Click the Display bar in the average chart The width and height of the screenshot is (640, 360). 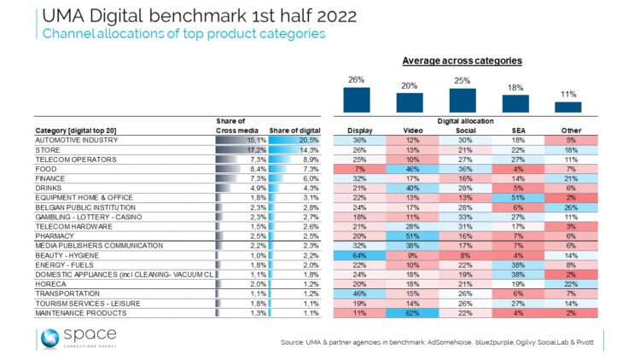coord(356,99)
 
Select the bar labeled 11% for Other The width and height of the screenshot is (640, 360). coord(568,107)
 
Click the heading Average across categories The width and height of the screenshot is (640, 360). coord(463,62)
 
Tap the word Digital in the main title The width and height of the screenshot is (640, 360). coord(131,17)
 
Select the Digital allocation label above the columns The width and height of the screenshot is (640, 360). coord(463,121)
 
